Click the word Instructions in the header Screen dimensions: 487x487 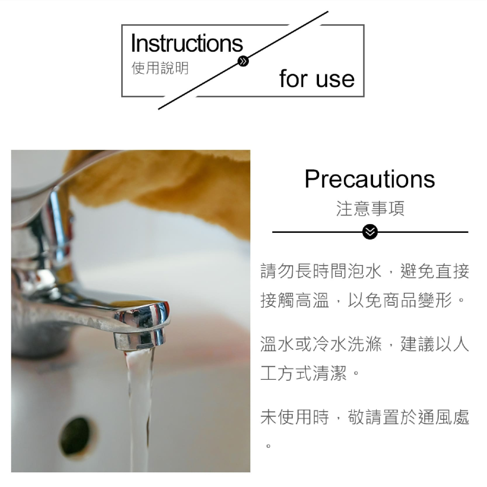[x=187, y=43]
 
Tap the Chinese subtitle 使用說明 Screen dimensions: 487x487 [x=160, y=68]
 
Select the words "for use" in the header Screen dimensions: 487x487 [x=317, y=79]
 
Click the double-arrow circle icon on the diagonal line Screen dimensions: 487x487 [x=243, y=61]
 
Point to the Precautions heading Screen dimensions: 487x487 [x=370, y=179]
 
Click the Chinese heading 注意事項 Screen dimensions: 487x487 [x=370, y=209]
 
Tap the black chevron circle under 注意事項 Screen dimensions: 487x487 [x=370, y=232]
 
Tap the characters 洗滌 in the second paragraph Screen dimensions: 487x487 [x=365, y=345]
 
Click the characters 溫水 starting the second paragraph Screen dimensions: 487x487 [x=278, y=345]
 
